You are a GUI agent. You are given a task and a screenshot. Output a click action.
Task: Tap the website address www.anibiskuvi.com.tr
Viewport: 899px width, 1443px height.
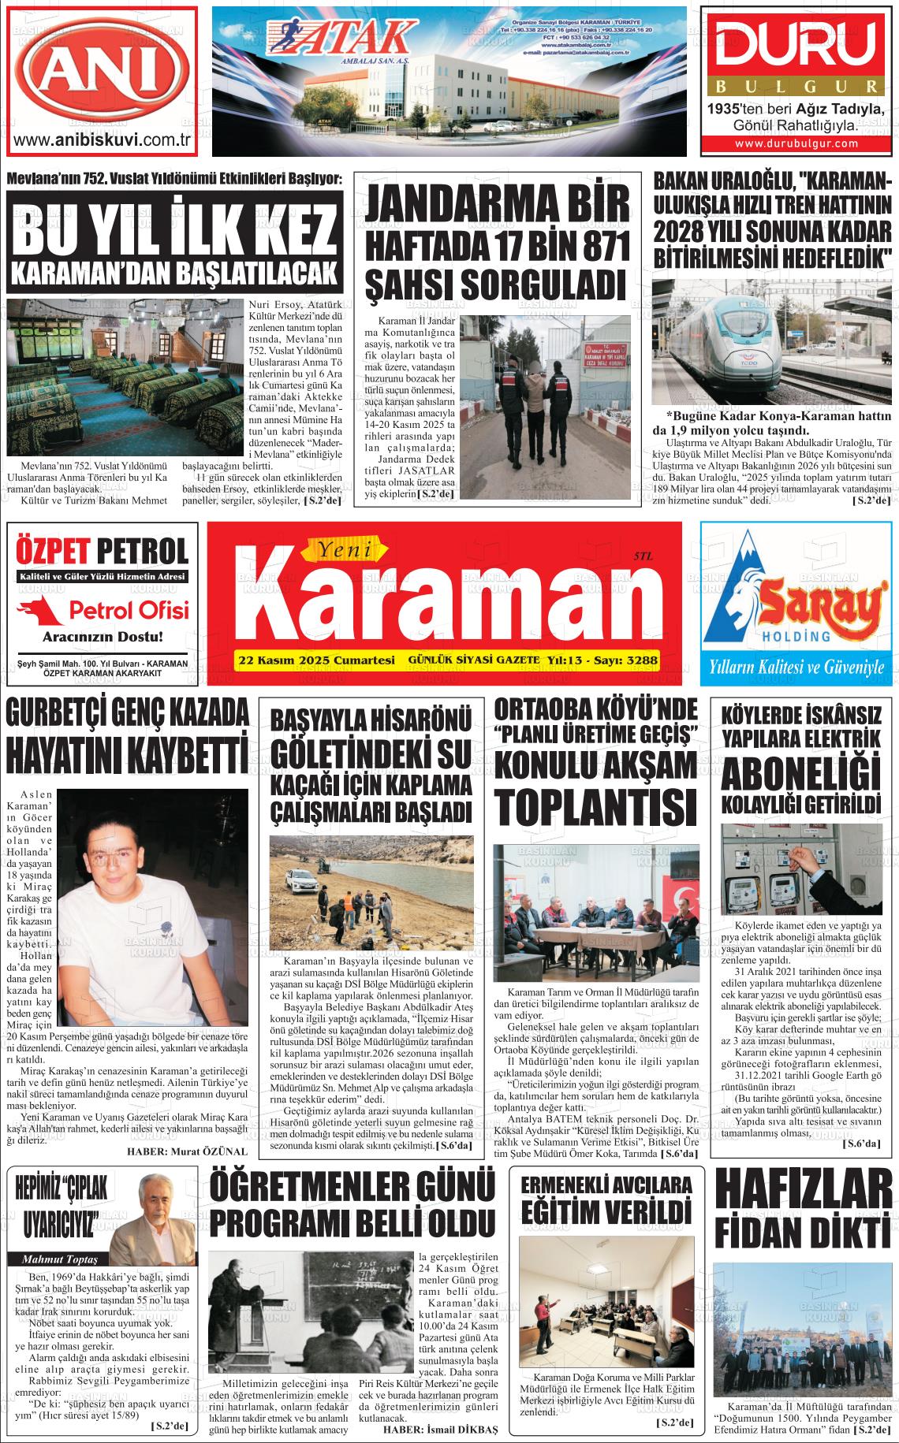103,141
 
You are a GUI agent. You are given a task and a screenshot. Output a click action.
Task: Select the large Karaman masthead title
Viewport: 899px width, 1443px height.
432,601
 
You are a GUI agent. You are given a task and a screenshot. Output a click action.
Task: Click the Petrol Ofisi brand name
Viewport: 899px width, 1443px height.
129,609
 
